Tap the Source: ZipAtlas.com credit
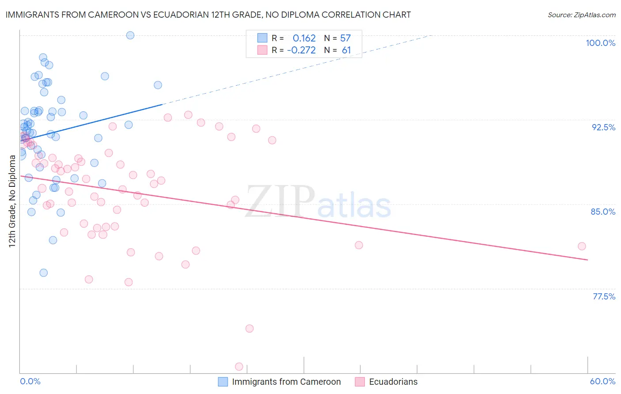click(x=581, y=15)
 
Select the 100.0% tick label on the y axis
click(x=600, y=43)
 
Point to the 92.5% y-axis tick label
click(x=603, y=127)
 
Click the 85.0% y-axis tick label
click(x=603, y=212)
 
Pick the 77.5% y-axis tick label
click(x=604, y=296)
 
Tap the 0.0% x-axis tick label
click(x=30, y=381)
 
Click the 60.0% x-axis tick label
click(x=602, y=381)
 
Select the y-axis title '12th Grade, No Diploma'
click(x=12, y=201)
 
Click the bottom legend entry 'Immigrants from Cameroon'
click(x=286, y=382)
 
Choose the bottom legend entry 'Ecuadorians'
click(x=393, y=382)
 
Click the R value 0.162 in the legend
click(x=304, y=38)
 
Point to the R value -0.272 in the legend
click(x=301, y=50)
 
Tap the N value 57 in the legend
click(x=345, y=38)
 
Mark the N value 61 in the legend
click(x=346, y=50)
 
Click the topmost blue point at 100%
click(x=130, y=35)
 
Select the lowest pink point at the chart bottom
click(x=239, y=367)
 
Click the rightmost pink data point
click(x=582, y=246)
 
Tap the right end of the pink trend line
click(x=587, y=260)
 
